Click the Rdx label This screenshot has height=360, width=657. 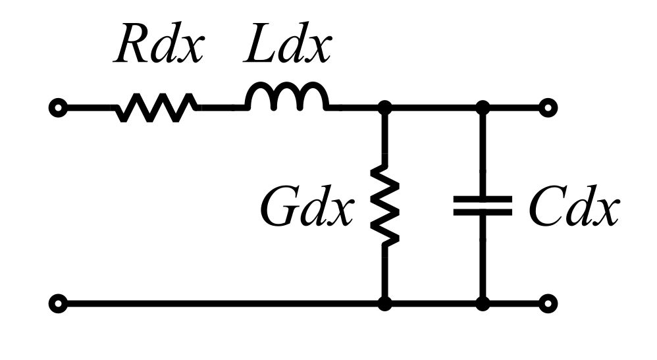tap(159, 43)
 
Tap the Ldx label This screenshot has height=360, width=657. tap(287, 43)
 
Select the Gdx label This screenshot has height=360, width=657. tap(307, 207)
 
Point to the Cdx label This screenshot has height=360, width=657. tap(573, 207)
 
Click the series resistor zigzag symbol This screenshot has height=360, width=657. tap(156, 108)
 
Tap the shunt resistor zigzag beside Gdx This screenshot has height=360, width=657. tap(385, 202)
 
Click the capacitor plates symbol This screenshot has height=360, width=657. tap(483, 206)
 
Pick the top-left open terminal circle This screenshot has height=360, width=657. tap(58, 108)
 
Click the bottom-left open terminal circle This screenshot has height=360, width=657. tap(58, 303)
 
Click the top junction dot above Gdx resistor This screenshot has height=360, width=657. tap(384, 108)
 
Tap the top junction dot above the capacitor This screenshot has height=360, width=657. tap(483, 108)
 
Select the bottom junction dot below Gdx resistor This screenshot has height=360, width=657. tap(384, 303)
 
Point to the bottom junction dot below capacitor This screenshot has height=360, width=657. tap(483, 303)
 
